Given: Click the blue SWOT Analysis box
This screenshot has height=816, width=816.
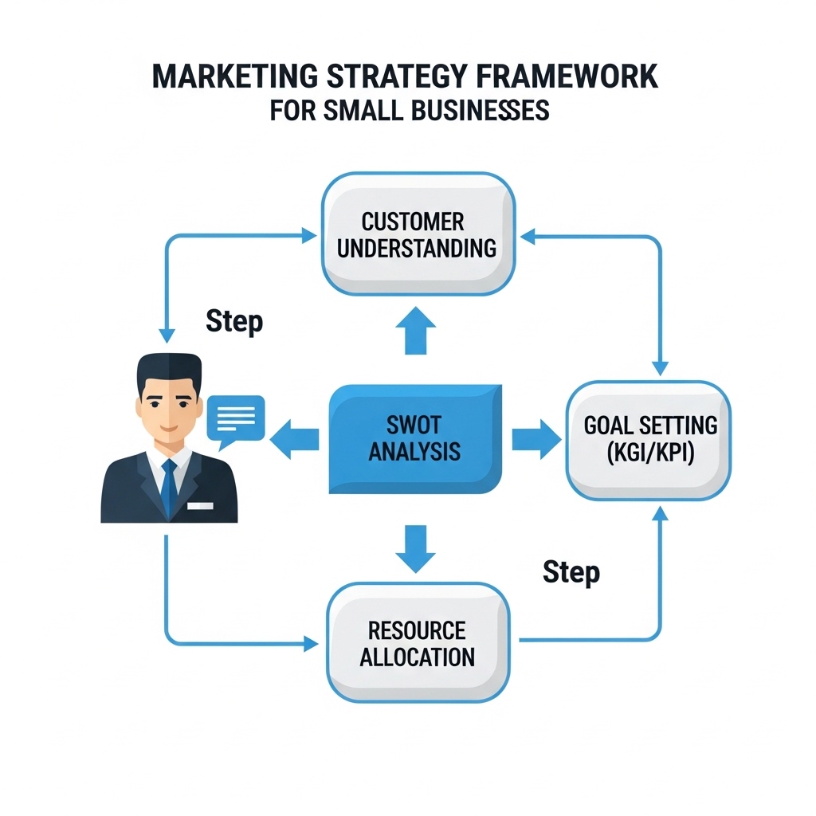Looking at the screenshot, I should pos(414,438).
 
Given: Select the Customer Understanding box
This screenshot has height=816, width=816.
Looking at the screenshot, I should pos(416,234).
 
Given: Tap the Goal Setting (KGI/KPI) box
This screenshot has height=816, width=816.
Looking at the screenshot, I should pos(648,440).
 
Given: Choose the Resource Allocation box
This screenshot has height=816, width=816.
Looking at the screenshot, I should pos(417,643).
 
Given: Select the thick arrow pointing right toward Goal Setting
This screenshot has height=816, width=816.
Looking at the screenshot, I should pos(535,439).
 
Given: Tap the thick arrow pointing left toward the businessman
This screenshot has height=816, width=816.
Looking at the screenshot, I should pos(294,439).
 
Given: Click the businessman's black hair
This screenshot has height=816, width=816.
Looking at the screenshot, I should pos(168,371).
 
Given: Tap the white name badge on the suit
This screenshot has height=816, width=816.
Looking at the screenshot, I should pos(201,505).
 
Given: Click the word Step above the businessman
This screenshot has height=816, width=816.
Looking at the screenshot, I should pos(233,321).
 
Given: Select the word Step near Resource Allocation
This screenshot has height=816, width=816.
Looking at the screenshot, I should pos(571,571).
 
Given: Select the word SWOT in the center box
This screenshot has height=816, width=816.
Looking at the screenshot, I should pos(414,424).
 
